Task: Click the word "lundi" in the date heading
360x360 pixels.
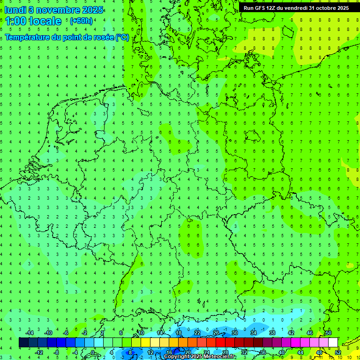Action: [15, 9]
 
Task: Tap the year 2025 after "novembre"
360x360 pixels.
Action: [92, 9]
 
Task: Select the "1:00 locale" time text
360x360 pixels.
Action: [33, 22]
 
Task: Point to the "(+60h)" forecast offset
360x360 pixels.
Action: [81, 22]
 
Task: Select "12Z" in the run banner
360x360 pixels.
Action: [271, 8]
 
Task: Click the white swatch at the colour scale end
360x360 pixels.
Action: [333, 343]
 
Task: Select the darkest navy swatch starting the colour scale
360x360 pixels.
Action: [23, 343]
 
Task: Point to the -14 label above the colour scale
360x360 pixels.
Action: [29, 333]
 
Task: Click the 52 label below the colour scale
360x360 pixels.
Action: [338, 352]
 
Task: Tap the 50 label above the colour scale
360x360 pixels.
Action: [329, 333]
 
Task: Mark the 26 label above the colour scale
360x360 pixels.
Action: [216, 333]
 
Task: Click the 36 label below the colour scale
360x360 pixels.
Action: [263, 352]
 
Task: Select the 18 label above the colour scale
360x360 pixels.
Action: [179, 333]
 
